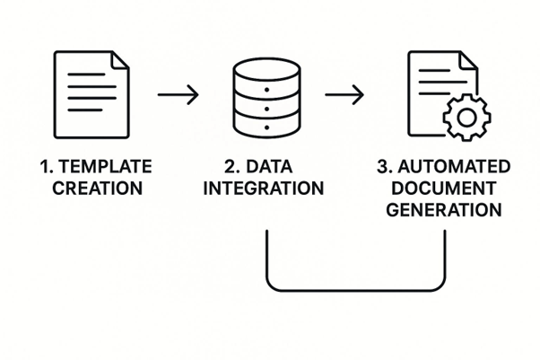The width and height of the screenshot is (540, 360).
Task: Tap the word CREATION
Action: pyautogui.click(x=97, y=189)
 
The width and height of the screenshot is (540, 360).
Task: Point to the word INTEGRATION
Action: pyautogui.click(x=270, y=189)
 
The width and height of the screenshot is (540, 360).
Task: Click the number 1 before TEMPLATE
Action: pyautogui.click(x=46, y=167)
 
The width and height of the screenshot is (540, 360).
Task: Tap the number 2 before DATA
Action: pyautogui.click(x=231, y=167)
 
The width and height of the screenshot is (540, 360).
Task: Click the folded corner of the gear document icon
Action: pyautogui.click(x=467, y=60)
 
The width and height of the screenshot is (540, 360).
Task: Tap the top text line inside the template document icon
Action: pyautogui.click(x=84, y=71)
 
